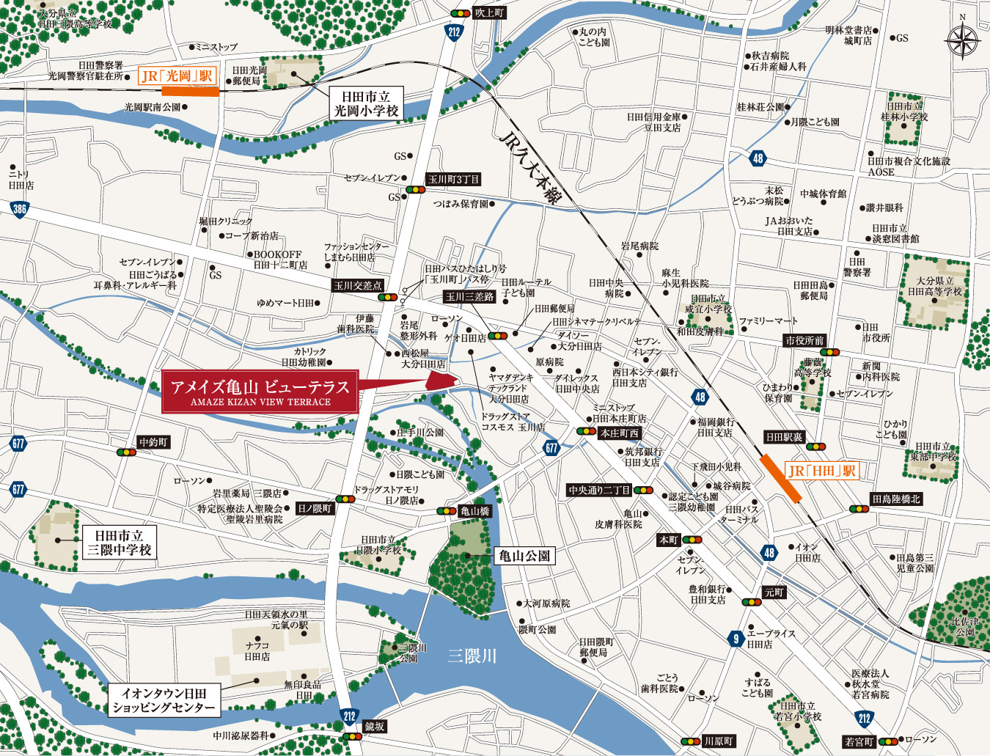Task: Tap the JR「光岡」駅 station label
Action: point(177,76)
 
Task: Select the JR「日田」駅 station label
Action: point(821,471)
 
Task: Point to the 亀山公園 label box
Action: point(524,556)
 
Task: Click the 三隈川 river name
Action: point(472,656)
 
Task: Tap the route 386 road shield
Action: point(20,209)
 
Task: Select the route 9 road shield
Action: point(736,639)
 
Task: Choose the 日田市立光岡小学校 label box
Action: point(366,103)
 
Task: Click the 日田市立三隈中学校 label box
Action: point(119,543)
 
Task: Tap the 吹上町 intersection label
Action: point(489,12)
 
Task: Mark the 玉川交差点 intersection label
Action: point(358,285)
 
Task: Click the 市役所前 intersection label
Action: point(804,340)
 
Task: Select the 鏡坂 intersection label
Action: point(374,726)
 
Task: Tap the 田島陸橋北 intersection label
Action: point(895,499)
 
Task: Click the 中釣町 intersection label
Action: point(154,442)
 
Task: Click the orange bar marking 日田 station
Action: point(781,478)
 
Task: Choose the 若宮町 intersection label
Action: point(858,742)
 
